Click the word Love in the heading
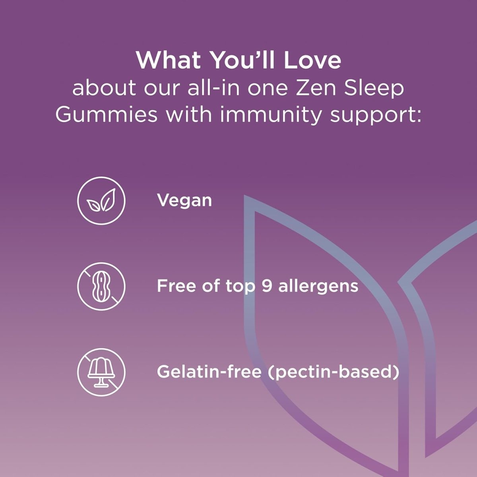(x=312, y=60)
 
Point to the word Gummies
(x=106, y=115)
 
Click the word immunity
(x=272, y=115)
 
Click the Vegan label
(x=184, y=200)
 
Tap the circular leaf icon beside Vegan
(x=101, y=201)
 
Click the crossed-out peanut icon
(x=101, y=286)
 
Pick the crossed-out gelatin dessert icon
(x=101, y=372)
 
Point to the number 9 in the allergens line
(x=267, y=286)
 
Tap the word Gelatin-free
(x=209, y=372)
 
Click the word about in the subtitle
(x=104, y=88)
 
